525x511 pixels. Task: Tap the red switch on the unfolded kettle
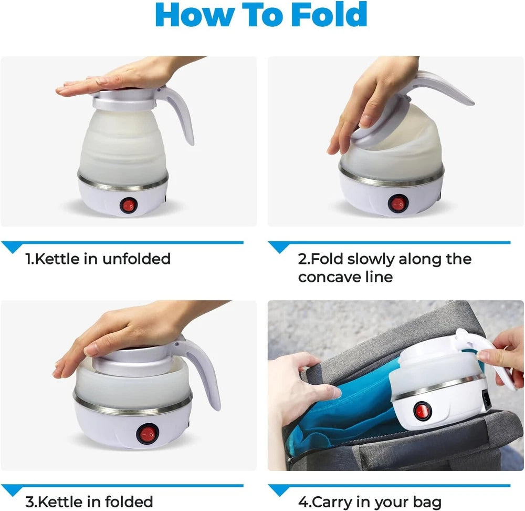128,205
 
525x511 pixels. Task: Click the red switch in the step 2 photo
397,203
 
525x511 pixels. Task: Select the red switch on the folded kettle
146,434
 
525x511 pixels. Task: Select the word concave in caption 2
329,277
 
